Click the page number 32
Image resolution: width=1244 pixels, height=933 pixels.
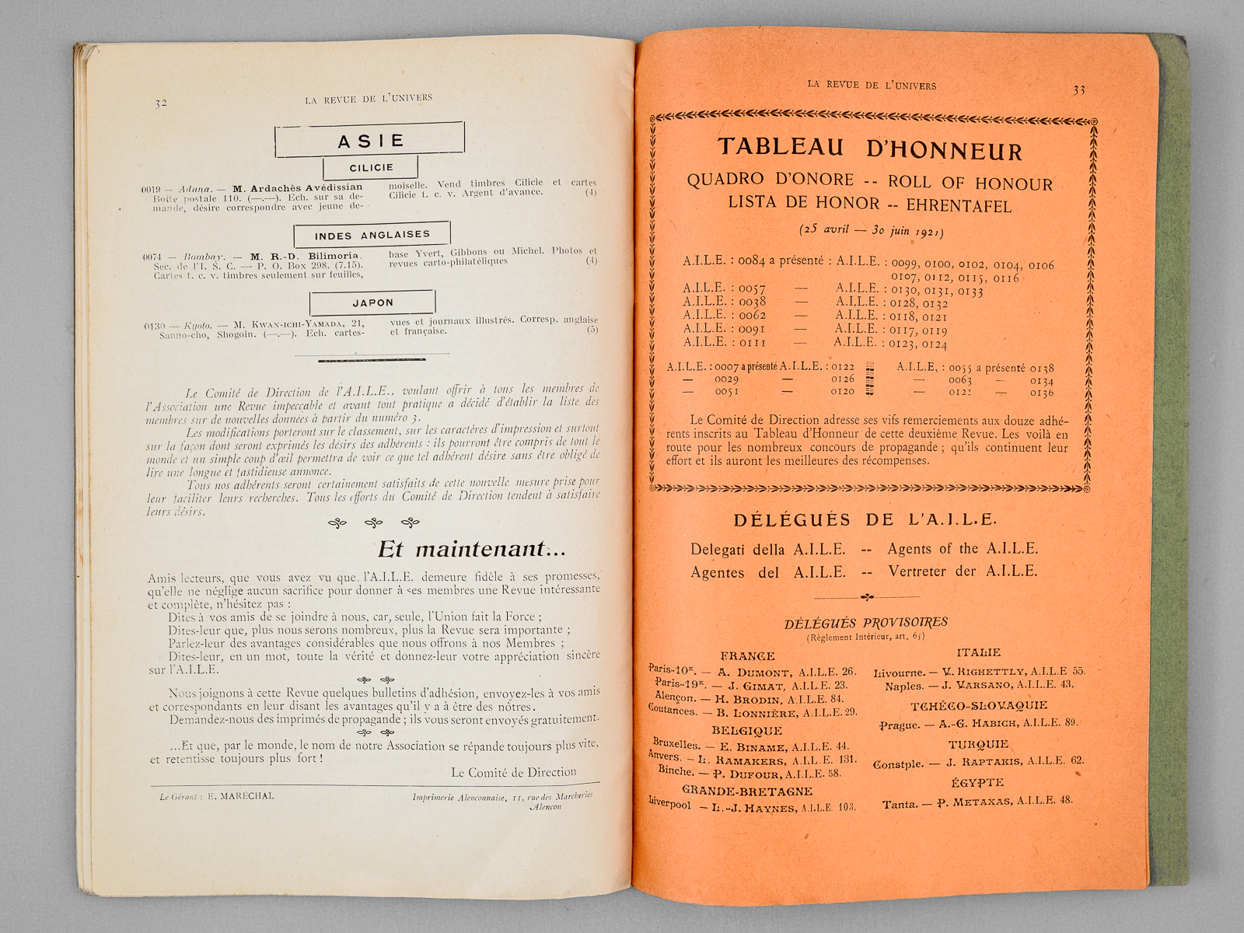[x=161, y=103]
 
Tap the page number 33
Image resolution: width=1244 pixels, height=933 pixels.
[x=1079, y=90]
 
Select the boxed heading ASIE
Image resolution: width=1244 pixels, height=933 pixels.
[x=371, y=141]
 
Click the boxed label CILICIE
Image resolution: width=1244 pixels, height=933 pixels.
[x=371, y=167]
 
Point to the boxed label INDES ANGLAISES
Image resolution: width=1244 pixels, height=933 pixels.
[x=372, y=235]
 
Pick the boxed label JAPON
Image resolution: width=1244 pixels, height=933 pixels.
[x=372, y=302]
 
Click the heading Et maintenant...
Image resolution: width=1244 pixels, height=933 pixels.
[x=471, y=550]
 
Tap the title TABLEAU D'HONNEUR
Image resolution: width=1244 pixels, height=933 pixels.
[x=870, y=148]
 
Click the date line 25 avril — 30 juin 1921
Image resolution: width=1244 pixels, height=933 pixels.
[x=871, y=231]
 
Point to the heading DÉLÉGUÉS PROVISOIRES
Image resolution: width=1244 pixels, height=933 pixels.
[x=865, y=623]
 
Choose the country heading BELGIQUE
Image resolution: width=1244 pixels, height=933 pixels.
[x=746, y=731]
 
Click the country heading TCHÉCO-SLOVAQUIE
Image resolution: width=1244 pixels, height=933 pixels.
[x=979, y=706]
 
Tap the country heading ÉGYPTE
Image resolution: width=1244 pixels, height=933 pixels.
[x=977, y=783]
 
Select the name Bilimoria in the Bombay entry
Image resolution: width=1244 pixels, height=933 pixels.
[x=332, y=256]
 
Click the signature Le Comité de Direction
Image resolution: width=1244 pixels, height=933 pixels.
[x=514, y=772]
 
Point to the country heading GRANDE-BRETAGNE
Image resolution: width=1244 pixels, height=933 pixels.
[x=746, y=791]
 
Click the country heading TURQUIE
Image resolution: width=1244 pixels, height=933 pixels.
[x=977, y=744]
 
